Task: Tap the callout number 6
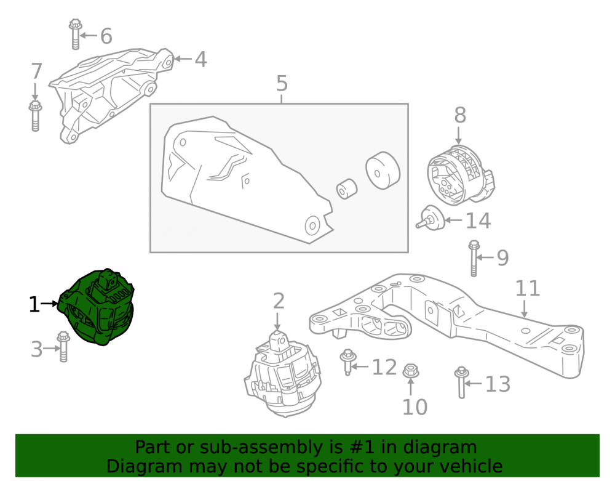pos(106,36)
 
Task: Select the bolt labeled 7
pos(35,116)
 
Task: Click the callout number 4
pos(200,60)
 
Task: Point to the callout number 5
pos(282,84)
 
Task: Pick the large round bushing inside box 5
pos(383,171)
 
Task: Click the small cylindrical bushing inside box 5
pos(347,189)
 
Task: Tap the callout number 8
pos(460,115)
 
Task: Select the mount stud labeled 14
pos(430,218)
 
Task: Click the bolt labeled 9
pos(474,259)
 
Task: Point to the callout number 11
pos(528,288)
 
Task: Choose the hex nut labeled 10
pos(411,371)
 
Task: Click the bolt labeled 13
pos(461,382)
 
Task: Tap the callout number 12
pos(384,368)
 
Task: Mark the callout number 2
pos(279,301)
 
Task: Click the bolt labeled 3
pos(63,347)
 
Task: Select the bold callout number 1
pos(34,305)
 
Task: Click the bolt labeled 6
pos(75,34)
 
